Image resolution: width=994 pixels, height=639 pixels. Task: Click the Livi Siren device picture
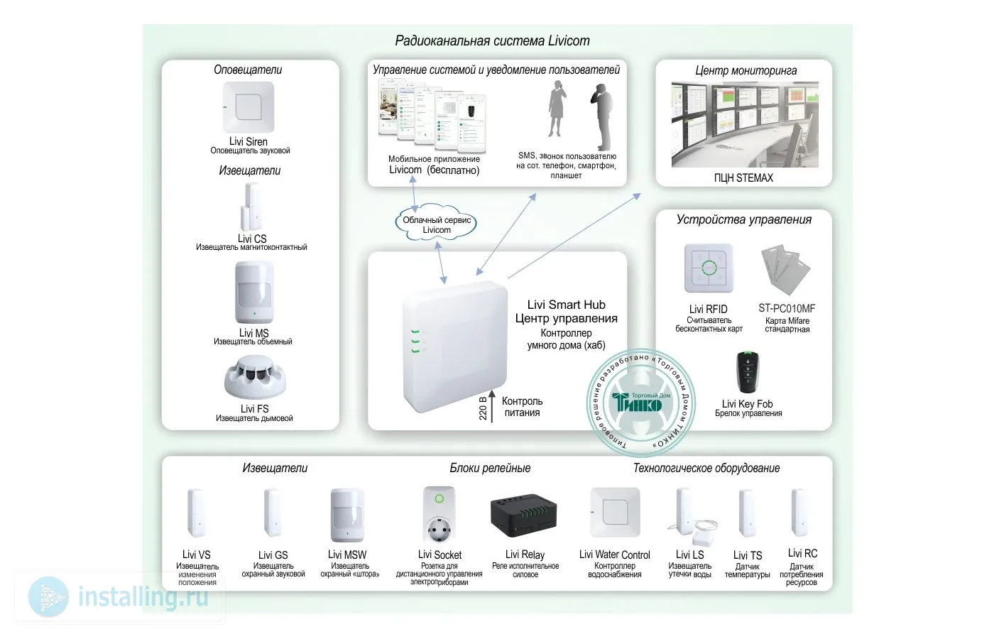(248, 107)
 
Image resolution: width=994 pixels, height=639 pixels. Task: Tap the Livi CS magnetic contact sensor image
(252, 207)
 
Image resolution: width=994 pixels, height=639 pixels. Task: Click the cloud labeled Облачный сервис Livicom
(437, 224)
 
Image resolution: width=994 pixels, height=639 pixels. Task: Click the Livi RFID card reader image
(708, 268)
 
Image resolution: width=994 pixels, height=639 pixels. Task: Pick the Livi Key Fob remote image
(747, 371)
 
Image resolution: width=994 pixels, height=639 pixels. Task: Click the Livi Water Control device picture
(614, 513)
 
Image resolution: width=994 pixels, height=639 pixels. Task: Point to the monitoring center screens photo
(744, 125)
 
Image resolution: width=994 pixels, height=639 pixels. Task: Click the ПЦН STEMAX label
(743, 177)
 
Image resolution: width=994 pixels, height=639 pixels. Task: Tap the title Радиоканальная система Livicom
(492, 40)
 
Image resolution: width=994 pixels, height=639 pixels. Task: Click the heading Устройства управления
(743, 219)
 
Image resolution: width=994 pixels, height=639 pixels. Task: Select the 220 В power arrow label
(484, 407)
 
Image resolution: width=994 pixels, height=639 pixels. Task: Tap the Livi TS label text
(747, 555)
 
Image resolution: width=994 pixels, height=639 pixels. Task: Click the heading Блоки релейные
(490, 468)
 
